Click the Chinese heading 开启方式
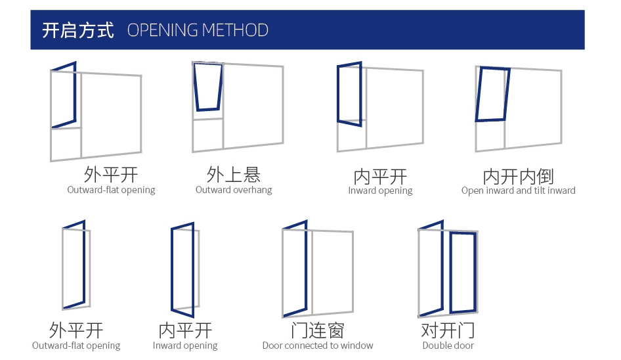(x=77, y=30)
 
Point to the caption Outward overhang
(x=234, y=190)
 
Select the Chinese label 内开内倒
(x=518, y=176)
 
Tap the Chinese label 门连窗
(x=317, y=330)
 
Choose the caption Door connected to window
(x=317, y=346)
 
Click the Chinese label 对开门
(x=448, y=330)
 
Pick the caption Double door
(x=448, y=346)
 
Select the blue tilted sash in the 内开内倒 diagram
(x=492, y=95)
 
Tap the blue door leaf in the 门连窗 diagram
(x=295, y=269)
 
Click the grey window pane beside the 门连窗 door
(x=332, y=271)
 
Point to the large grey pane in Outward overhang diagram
(x=253, y=105)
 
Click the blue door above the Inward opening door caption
(x=183, y=268)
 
